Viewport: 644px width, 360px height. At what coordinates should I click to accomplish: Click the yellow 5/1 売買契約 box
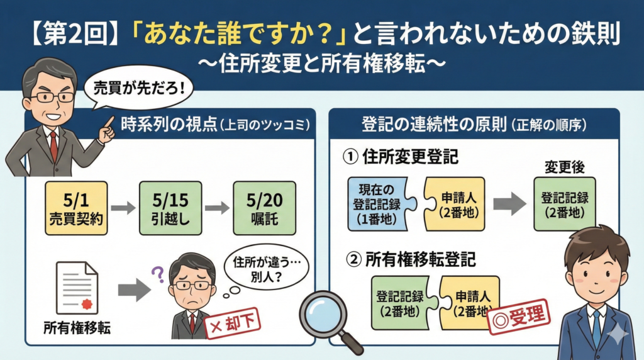[77, 208]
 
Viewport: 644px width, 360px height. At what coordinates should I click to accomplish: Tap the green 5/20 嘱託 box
[264, 208]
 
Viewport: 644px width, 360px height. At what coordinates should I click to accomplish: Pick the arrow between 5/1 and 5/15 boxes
[123, 208]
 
